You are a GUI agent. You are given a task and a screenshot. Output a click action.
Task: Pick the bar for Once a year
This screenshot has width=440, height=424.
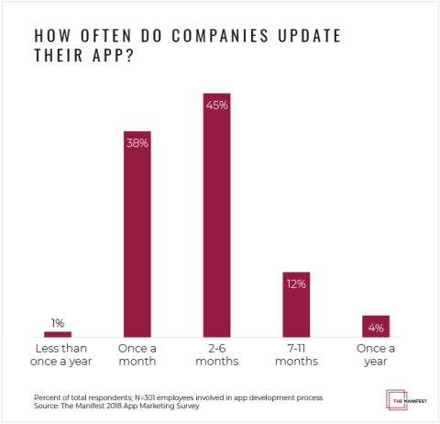tap(375, 327)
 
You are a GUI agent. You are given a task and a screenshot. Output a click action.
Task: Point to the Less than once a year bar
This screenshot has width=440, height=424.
tap(58, 335)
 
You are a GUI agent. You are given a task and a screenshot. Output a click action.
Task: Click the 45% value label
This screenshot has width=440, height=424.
tap(216, 106)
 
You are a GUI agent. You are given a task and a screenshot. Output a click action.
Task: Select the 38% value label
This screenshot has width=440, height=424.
tap(137, 144)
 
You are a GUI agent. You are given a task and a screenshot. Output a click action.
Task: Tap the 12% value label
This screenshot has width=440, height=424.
tap(296, 285)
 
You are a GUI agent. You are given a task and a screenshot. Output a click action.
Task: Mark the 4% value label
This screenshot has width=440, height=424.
tap(375, 328)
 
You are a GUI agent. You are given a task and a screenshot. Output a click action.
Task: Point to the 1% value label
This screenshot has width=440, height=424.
tap(58, 323)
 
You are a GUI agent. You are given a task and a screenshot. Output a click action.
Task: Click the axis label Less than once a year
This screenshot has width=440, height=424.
tap(58, 355)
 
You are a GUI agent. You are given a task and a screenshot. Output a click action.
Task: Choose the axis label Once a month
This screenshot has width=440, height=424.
tap(137, 355)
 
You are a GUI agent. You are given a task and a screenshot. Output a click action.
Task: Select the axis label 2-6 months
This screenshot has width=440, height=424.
tap(216, 355)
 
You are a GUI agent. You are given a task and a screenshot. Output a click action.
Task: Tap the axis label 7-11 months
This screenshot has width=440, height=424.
tap(296, 355)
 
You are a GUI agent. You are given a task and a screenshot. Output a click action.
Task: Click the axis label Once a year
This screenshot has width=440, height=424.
tap(375, 355)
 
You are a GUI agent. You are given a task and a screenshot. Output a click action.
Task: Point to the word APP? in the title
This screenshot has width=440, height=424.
tap(112, 57)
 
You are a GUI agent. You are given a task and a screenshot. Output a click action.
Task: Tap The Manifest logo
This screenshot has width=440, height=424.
tap(400, 400)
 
